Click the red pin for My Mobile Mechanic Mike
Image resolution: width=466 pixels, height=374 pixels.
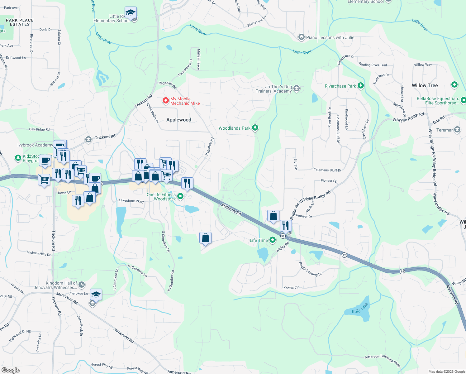(166, 101)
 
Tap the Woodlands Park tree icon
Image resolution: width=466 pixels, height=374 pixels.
(255, 128)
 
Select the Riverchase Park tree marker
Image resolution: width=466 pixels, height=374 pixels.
(360, 86)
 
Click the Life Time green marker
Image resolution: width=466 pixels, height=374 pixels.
(273, 240)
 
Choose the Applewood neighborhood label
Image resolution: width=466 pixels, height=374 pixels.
(179, 120)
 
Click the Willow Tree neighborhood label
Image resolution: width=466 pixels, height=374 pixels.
(425, 85)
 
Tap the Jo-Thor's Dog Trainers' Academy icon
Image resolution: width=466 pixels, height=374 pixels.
(297, 89)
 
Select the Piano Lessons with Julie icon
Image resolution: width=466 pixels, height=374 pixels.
(301, 37)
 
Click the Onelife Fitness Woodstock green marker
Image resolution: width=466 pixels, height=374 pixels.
(180, 196)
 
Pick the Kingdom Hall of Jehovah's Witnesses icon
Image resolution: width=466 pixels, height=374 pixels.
(81, 284)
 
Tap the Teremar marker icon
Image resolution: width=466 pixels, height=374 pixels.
(457, 130)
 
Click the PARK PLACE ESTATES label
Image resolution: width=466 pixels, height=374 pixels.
(20, 22)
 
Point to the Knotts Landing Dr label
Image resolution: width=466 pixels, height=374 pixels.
(310, 269)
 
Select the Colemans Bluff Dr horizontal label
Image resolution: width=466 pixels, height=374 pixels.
(327, 170)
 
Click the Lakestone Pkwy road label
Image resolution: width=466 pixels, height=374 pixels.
(131, 201)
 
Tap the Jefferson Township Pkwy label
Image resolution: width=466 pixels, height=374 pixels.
(382, 360)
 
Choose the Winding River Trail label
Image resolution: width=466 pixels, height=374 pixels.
(373, 65)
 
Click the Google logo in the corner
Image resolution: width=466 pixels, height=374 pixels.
(11, 370)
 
